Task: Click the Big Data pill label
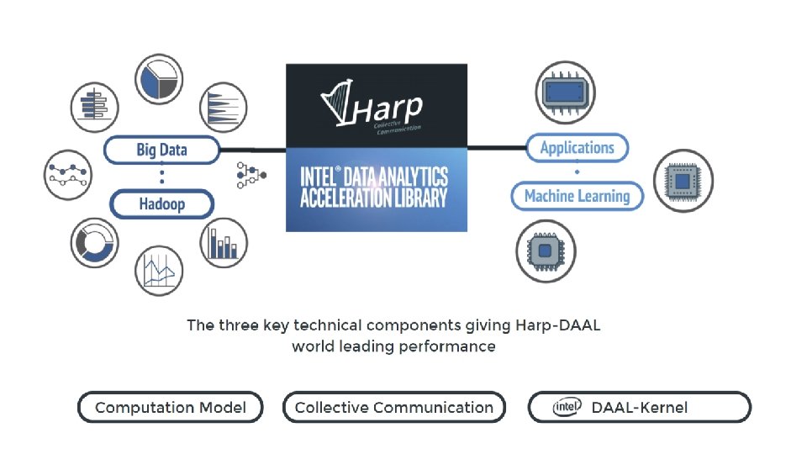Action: tap(161, 150)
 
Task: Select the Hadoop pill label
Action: tap(161, 203)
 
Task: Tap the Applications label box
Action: tap(577, 148)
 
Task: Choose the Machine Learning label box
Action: tap(577, 196)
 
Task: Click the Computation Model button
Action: tap(171, 408)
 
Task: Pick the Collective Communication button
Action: tap(394, 408)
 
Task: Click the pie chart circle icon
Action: tap(159, 79)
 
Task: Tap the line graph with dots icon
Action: tap(68, 175)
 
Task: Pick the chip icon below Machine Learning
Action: tap(545, 251)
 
